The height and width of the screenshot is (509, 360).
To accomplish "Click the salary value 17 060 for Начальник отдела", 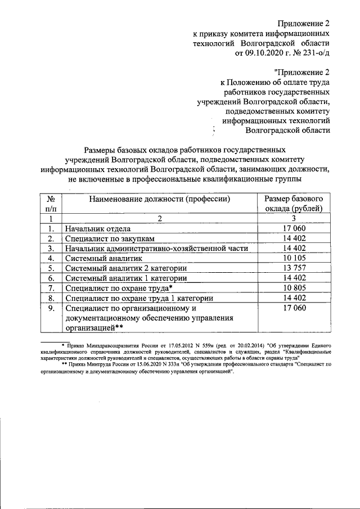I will pyautogui.click(x=292, y=229).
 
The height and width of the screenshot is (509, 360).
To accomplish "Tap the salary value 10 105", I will pyautogui.click(x=292, y=258).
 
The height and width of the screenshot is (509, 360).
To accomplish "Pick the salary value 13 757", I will pyautogui.click(x=292, y=268).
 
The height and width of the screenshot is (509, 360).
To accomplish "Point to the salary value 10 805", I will pyautogui.click(x=292, y=288).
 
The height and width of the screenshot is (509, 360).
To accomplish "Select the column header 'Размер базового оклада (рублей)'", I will pyautogui.click(x=292, y=204).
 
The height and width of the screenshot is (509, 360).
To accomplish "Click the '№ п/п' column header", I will pyautogui.click(x=51, y=204).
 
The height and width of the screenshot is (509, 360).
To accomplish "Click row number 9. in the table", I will pyautogui.click(x=51, y=308).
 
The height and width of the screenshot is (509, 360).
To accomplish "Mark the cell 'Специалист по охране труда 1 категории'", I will pyautogui.click(x=139, y=298).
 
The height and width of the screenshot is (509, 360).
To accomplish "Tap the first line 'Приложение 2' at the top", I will pyautogui.click(x=303, y=23).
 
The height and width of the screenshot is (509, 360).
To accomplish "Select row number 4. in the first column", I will pyautogui.click(x=51, y=258).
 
